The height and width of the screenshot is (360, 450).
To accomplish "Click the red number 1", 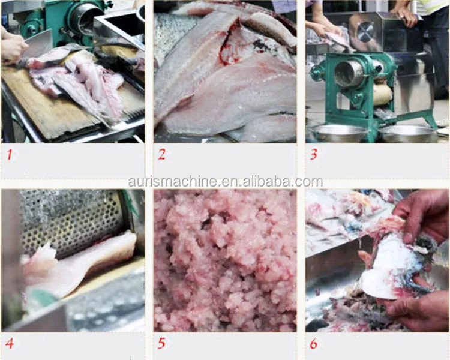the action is click(x=10, y=155).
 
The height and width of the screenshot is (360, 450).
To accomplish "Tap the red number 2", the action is click(x=162, y=155).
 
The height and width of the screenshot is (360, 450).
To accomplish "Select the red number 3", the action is click(x=314, y=155).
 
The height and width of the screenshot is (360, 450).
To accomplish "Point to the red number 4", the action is click(x=10, y=343).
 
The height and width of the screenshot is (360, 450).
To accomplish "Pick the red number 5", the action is click(x=161, y=343).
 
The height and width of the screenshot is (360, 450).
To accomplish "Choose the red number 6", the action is click(x=314, y=343).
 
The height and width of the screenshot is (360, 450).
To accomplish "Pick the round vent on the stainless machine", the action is click(x=365, y=32).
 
